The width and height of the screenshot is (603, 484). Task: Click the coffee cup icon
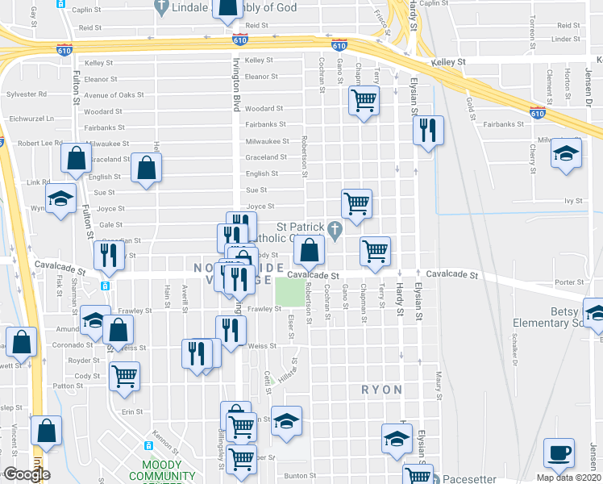point(559,453)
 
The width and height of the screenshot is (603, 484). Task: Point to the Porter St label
point(568,282)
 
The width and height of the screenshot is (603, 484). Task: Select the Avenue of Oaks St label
point(108,95)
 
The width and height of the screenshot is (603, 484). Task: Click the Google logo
point(26,474)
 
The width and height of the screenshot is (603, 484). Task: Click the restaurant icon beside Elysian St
point(427,130)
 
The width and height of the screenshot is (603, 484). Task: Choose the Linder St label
point(568,38)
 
